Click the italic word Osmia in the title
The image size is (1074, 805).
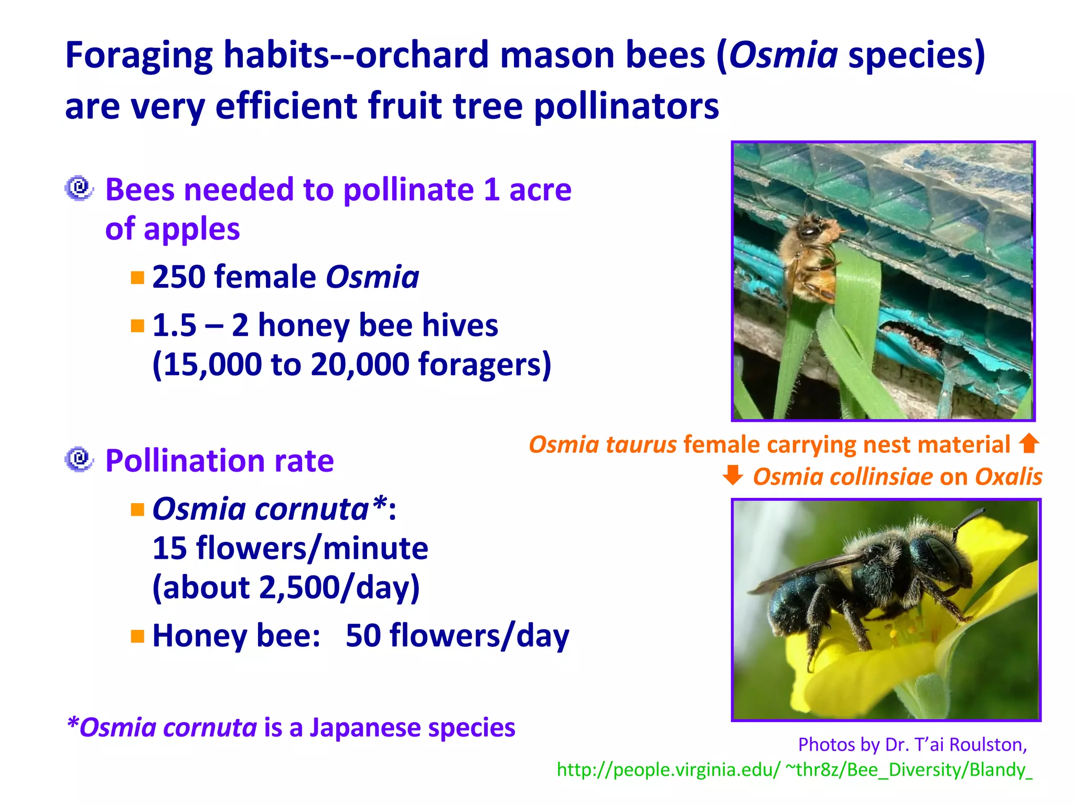[783, 55]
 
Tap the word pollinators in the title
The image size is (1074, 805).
[626, 106]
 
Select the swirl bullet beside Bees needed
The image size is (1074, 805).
[79, 188]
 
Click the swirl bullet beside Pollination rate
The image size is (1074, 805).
[79, 459]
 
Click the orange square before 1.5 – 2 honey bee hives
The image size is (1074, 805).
[137, 326]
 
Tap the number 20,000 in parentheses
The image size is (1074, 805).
[360, 364]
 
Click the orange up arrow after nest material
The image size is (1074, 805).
[1029, 443]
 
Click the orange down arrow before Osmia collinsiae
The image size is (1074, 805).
[733, 475]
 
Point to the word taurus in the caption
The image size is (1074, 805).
[641, 444]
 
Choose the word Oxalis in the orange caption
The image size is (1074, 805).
[1008, 477]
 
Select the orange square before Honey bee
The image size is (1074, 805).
[137, 636]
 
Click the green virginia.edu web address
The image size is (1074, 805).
[794, 769]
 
